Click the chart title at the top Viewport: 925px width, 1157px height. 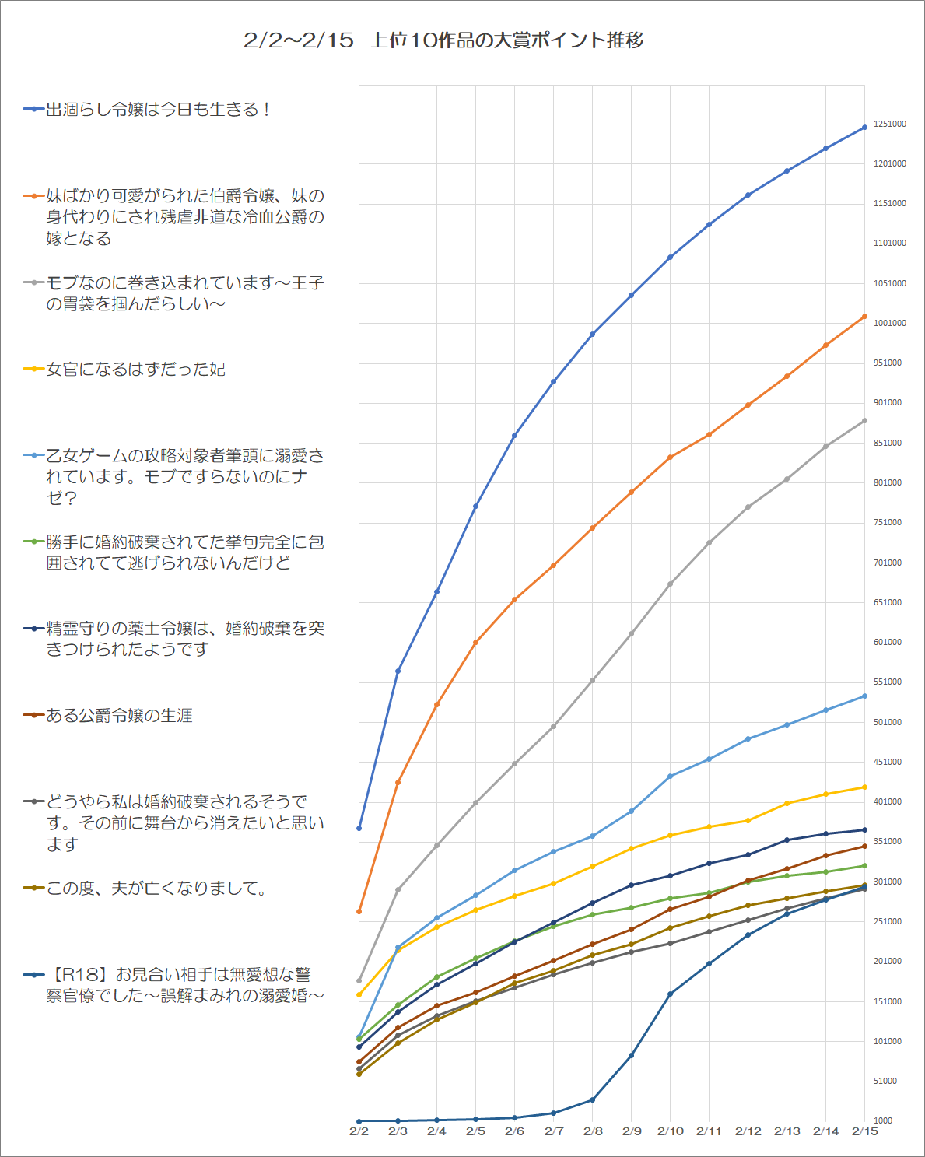point(443,40)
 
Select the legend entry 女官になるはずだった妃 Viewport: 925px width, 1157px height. point(135,370)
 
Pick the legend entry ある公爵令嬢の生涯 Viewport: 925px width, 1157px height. point(119,715)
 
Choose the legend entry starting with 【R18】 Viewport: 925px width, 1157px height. point(185,985)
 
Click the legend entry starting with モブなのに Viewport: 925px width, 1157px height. point(184,293)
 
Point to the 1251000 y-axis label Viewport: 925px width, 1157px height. point(889,124)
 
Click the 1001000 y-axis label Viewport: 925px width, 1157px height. point(889,323)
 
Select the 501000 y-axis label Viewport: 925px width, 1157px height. point(887,722)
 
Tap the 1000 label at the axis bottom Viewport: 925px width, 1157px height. point(882,1120)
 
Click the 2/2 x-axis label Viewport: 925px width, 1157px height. point(359,1131)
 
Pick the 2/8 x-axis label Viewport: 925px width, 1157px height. point(593,1131)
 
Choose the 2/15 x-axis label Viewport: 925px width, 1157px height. point(864,1131)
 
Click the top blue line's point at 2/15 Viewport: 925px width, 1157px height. point(865,128)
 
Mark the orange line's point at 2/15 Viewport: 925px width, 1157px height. point(865,317)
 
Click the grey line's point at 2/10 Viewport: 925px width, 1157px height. point(670,584)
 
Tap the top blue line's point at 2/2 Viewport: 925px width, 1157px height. point(359,828)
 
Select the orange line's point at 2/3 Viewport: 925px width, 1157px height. point(398,782)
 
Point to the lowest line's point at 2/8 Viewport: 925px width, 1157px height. point(593,1099)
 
